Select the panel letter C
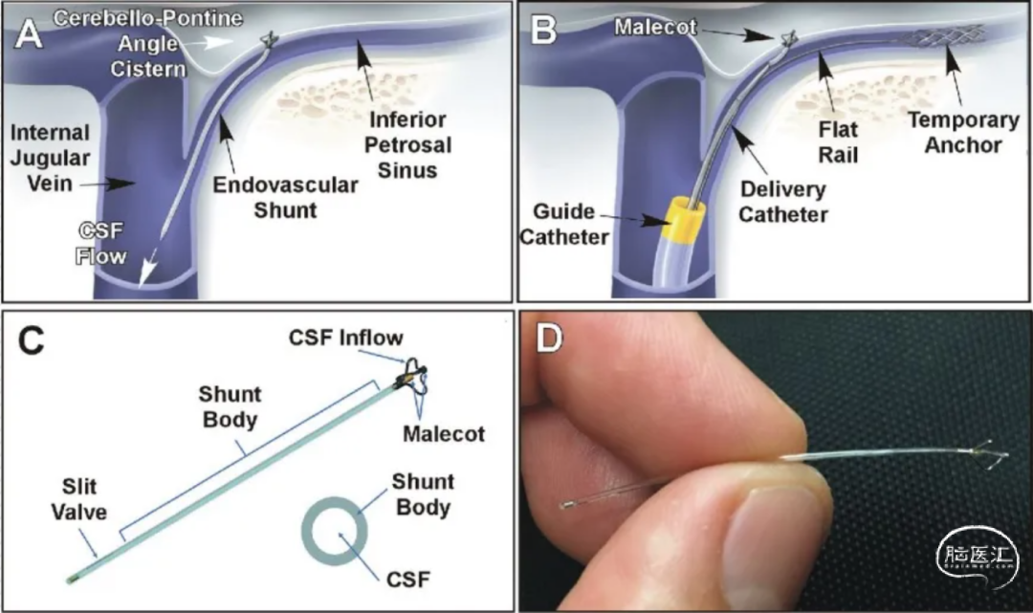pyautogui.click(x=31, y=341)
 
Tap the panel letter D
pyautogui.click(x=549, y=338)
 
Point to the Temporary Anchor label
pyautogui.click(x=964, y=132)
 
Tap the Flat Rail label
pyautogui.click(x=838, y=142)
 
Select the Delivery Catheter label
pyautogui.click(x=782, y=202)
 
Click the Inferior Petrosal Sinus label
pyautogui.click(x=407, y=144)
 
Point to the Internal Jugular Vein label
pyautogui.click(x=50, y=158)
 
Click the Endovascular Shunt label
pyautogui.click(x=285, y=198)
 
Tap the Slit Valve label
pyautogui.click(x=79, y=499)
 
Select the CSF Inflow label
pyautogui.click(x=346, y=338)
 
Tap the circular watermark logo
pyautogui.click(x=977, y=558)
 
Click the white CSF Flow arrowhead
pyautogui.click(x=147, y=270)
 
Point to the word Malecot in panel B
pyautogui.click(x=655, y=27)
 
